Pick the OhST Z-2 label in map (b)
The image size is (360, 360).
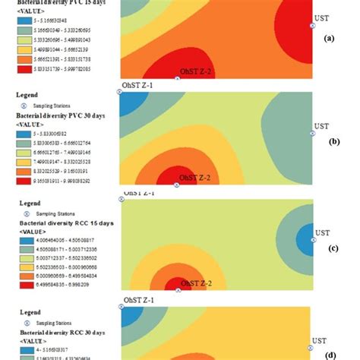[x=194, y=178]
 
